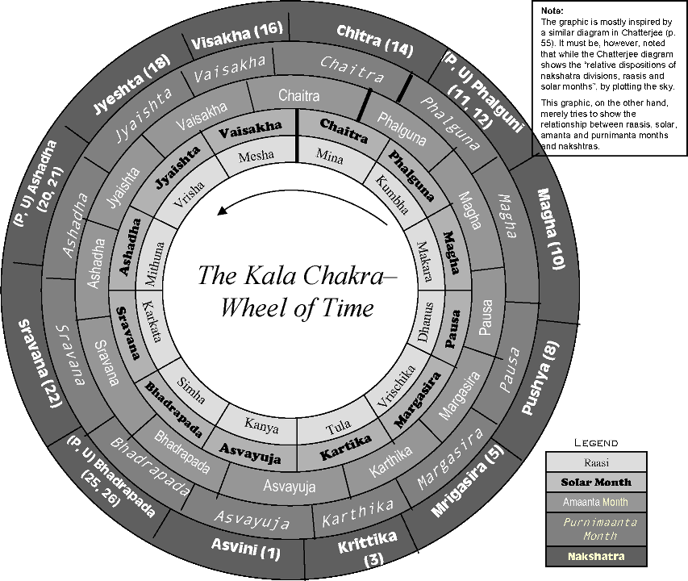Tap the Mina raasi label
pos(331,154)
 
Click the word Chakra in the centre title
pos(335,276)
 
